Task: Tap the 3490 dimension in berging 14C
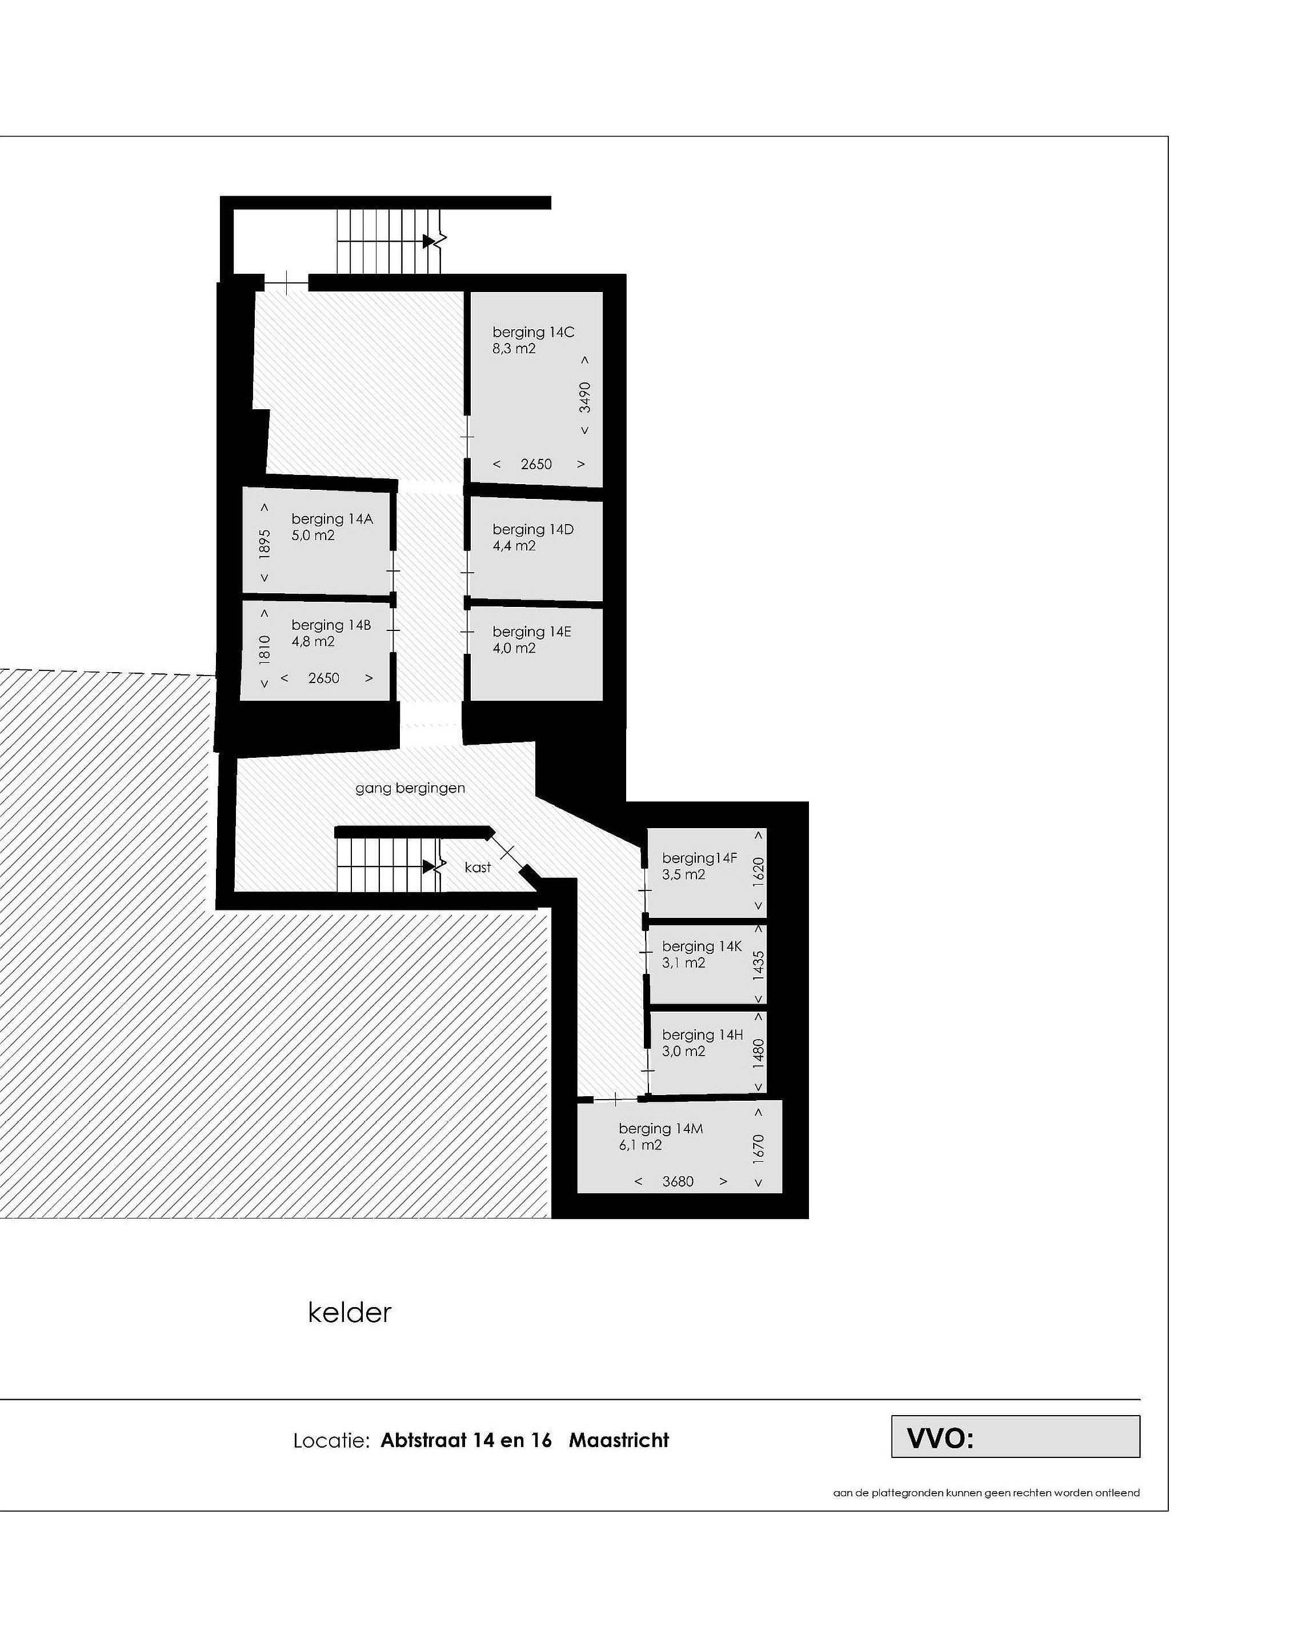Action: point(584,396)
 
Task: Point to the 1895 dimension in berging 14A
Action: point(265,544)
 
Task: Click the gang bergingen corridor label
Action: point(410,788)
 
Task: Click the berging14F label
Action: point(699,858)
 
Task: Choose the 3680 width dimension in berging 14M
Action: point(678,1181)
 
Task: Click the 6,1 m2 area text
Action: point(640,1145)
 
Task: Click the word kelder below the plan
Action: point(350,1312)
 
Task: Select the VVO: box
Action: point(1015,1436)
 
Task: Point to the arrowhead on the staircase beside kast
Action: point(430,866)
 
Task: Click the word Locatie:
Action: point(331,1441)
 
